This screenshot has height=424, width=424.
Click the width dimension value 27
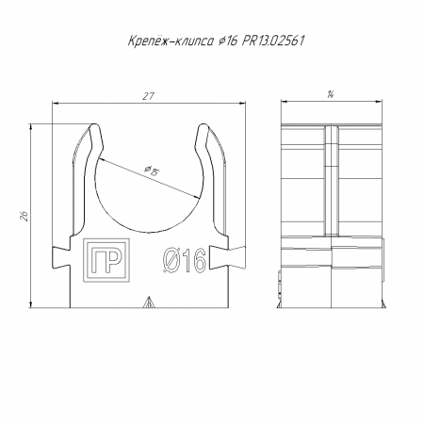[148, 96]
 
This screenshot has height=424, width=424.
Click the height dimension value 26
[24, 216]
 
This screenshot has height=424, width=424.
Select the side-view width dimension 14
[330, 94]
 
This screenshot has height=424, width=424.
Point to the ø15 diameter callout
[152, 171]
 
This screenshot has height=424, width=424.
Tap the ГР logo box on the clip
[106, 260]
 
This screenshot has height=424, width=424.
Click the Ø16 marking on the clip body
[185, 260]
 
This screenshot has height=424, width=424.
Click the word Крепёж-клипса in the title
[171, 41]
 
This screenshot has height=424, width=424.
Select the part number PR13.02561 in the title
[273, 41]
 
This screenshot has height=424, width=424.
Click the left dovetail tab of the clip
[61, 257]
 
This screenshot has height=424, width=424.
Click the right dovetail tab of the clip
[228, 257]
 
